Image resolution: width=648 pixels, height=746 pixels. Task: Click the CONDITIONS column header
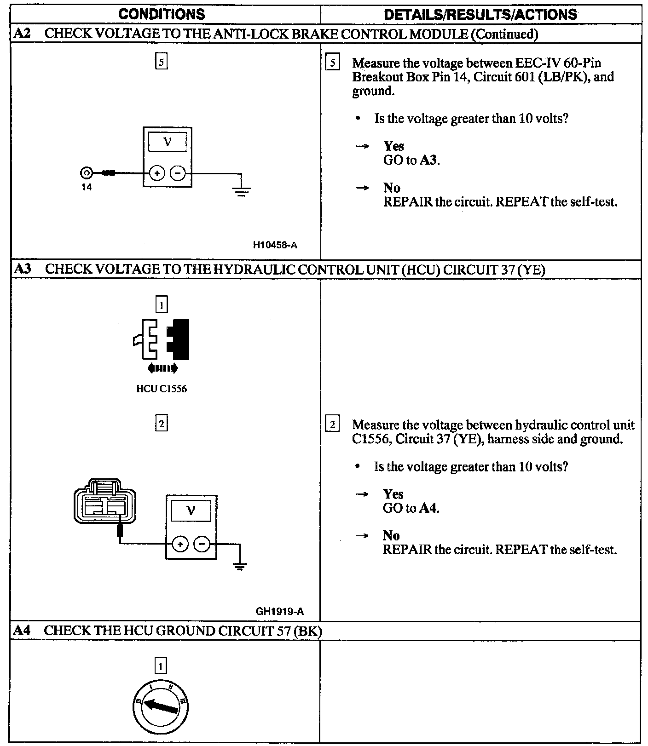click(x=162, y=14)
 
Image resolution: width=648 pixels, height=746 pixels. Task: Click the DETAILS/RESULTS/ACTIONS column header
click(x=480, y=14)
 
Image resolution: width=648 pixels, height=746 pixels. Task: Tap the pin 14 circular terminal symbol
click(x=86, y=173)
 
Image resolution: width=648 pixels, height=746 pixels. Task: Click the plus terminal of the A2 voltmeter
click(x=157, y=173)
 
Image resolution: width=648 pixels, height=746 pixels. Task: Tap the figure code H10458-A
click(x=275, y=245)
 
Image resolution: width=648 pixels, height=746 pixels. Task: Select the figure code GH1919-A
click(x=279, y=611)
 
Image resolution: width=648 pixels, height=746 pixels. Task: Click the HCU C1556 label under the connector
click(x=161, y=389)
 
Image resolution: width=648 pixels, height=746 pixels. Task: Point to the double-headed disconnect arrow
click(x=162, y=368)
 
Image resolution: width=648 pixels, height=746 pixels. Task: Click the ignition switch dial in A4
click(x=161, y=706)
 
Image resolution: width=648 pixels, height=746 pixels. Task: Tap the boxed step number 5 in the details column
click(x=332, y=63)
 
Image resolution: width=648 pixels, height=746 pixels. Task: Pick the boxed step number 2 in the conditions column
click(x=161, y=423)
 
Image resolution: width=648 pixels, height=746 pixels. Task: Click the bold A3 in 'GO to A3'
click(x=429, y=161)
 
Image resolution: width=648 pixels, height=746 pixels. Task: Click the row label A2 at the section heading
click(x=22, y=34)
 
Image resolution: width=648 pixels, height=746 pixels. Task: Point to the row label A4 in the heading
click(x=22, y=631)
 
